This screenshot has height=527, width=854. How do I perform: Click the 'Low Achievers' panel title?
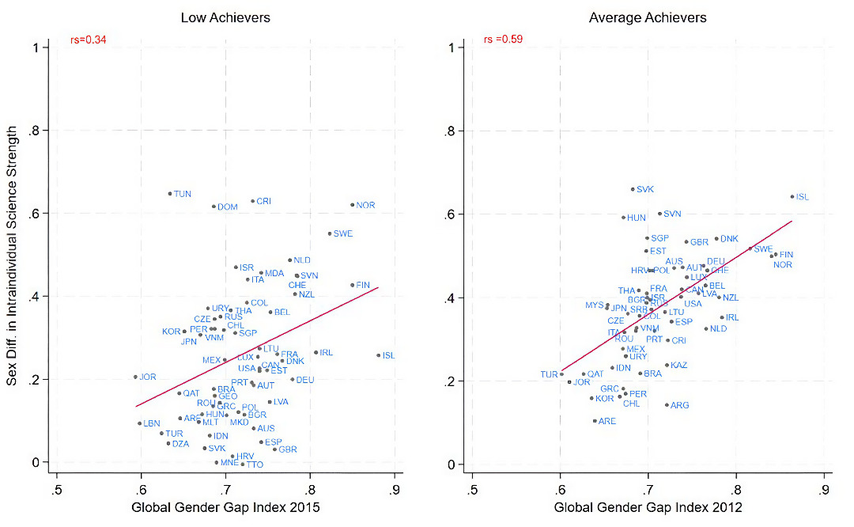225,17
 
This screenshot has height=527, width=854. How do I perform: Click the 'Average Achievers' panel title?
648,17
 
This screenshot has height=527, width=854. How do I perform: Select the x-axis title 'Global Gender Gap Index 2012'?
648,507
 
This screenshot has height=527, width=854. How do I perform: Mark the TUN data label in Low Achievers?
183,194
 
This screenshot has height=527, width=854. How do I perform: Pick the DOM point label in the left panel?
228,207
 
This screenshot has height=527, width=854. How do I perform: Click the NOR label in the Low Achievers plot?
365,205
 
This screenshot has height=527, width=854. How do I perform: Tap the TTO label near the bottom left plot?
255,464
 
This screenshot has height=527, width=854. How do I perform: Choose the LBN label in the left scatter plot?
152,424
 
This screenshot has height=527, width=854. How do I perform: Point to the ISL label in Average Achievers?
803,197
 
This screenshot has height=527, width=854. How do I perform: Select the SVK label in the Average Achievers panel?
645,190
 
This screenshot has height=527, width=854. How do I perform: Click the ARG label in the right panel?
679,405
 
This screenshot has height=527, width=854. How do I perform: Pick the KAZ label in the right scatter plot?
678,366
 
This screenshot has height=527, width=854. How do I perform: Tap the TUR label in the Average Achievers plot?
549,374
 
